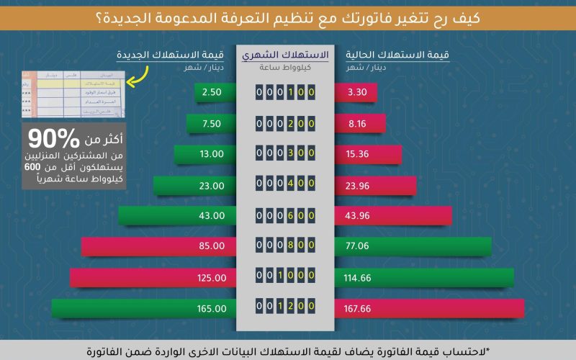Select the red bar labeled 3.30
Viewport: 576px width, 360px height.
click(356, 92)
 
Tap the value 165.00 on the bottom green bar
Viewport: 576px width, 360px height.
click(212, 308)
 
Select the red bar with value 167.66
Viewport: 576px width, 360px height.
click(429, 308)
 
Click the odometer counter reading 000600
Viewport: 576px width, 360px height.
click(286, 215)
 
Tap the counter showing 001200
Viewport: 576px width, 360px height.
click(286, 307)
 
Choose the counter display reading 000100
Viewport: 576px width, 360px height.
click(286, 92)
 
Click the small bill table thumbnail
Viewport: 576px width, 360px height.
click(73, 94)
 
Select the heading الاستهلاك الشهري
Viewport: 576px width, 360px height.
click(285, 55)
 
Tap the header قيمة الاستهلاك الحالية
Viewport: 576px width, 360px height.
click(398, 55)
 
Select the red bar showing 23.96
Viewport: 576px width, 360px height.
click(375, 184)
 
